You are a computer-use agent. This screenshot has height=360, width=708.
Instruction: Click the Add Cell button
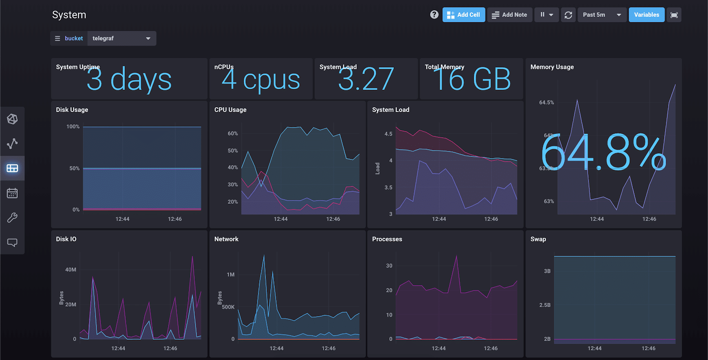(x=464, y=15)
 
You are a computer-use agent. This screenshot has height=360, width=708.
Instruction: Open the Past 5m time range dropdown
(x=602, y=15)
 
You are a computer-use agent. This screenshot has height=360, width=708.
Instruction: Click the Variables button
(x=646, y=15)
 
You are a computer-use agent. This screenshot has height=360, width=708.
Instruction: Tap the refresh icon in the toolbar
(x=568, y=15)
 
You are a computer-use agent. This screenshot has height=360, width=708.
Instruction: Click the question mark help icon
(x=434, y=15)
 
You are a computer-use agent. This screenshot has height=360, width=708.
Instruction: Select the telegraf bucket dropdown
(x=122, y=39)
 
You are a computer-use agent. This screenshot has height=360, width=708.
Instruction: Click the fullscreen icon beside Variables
(x=674, y=15)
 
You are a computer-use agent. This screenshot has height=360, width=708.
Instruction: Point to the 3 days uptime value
(x=129, y=80)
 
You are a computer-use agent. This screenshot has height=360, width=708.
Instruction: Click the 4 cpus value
(x=261, y=80)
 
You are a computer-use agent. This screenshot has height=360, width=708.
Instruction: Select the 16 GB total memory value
(x=472, y=80)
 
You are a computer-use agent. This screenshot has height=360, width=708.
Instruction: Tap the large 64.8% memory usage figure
(x=603, y=153)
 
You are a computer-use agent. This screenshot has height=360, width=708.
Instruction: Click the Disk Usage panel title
(x=72, y=110)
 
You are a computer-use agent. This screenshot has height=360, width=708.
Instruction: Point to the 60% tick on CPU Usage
(x=233, y=133)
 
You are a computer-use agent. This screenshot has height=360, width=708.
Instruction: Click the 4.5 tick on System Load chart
(x=388, y=134)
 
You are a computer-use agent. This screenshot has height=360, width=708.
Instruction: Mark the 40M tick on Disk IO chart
(x=71, y=270)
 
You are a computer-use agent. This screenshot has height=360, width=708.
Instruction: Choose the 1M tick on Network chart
(x=231, y=275)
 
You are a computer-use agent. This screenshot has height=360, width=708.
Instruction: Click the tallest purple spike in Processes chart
(x=457, y=256)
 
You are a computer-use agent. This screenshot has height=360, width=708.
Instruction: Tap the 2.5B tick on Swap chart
(x=545, y=305)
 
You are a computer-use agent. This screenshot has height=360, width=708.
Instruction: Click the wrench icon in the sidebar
(x=12, y=217)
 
